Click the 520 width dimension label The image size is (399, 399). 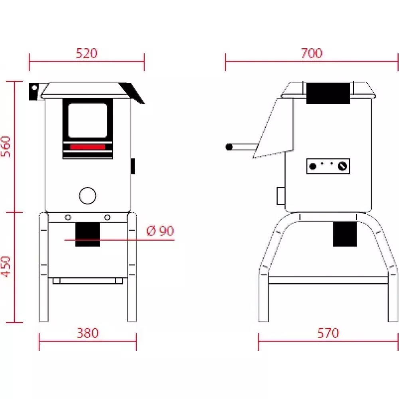(87, 53)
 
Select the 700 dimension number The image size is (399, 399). (312, 53)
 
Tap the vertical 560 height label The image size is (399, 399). (6, 147)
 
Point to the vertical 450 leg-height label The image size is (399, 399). (6, 267)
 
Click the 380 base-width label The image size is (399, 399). (88, 333)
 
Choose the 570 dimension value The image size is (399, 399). (328, 333)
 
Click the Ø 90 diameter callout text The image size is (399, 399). (160, 231)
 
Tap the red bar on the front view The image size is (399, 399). (88, 147)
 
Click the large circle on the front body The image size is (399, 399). (88, 196)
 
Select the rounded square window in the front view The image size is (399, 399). (88, 120)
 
